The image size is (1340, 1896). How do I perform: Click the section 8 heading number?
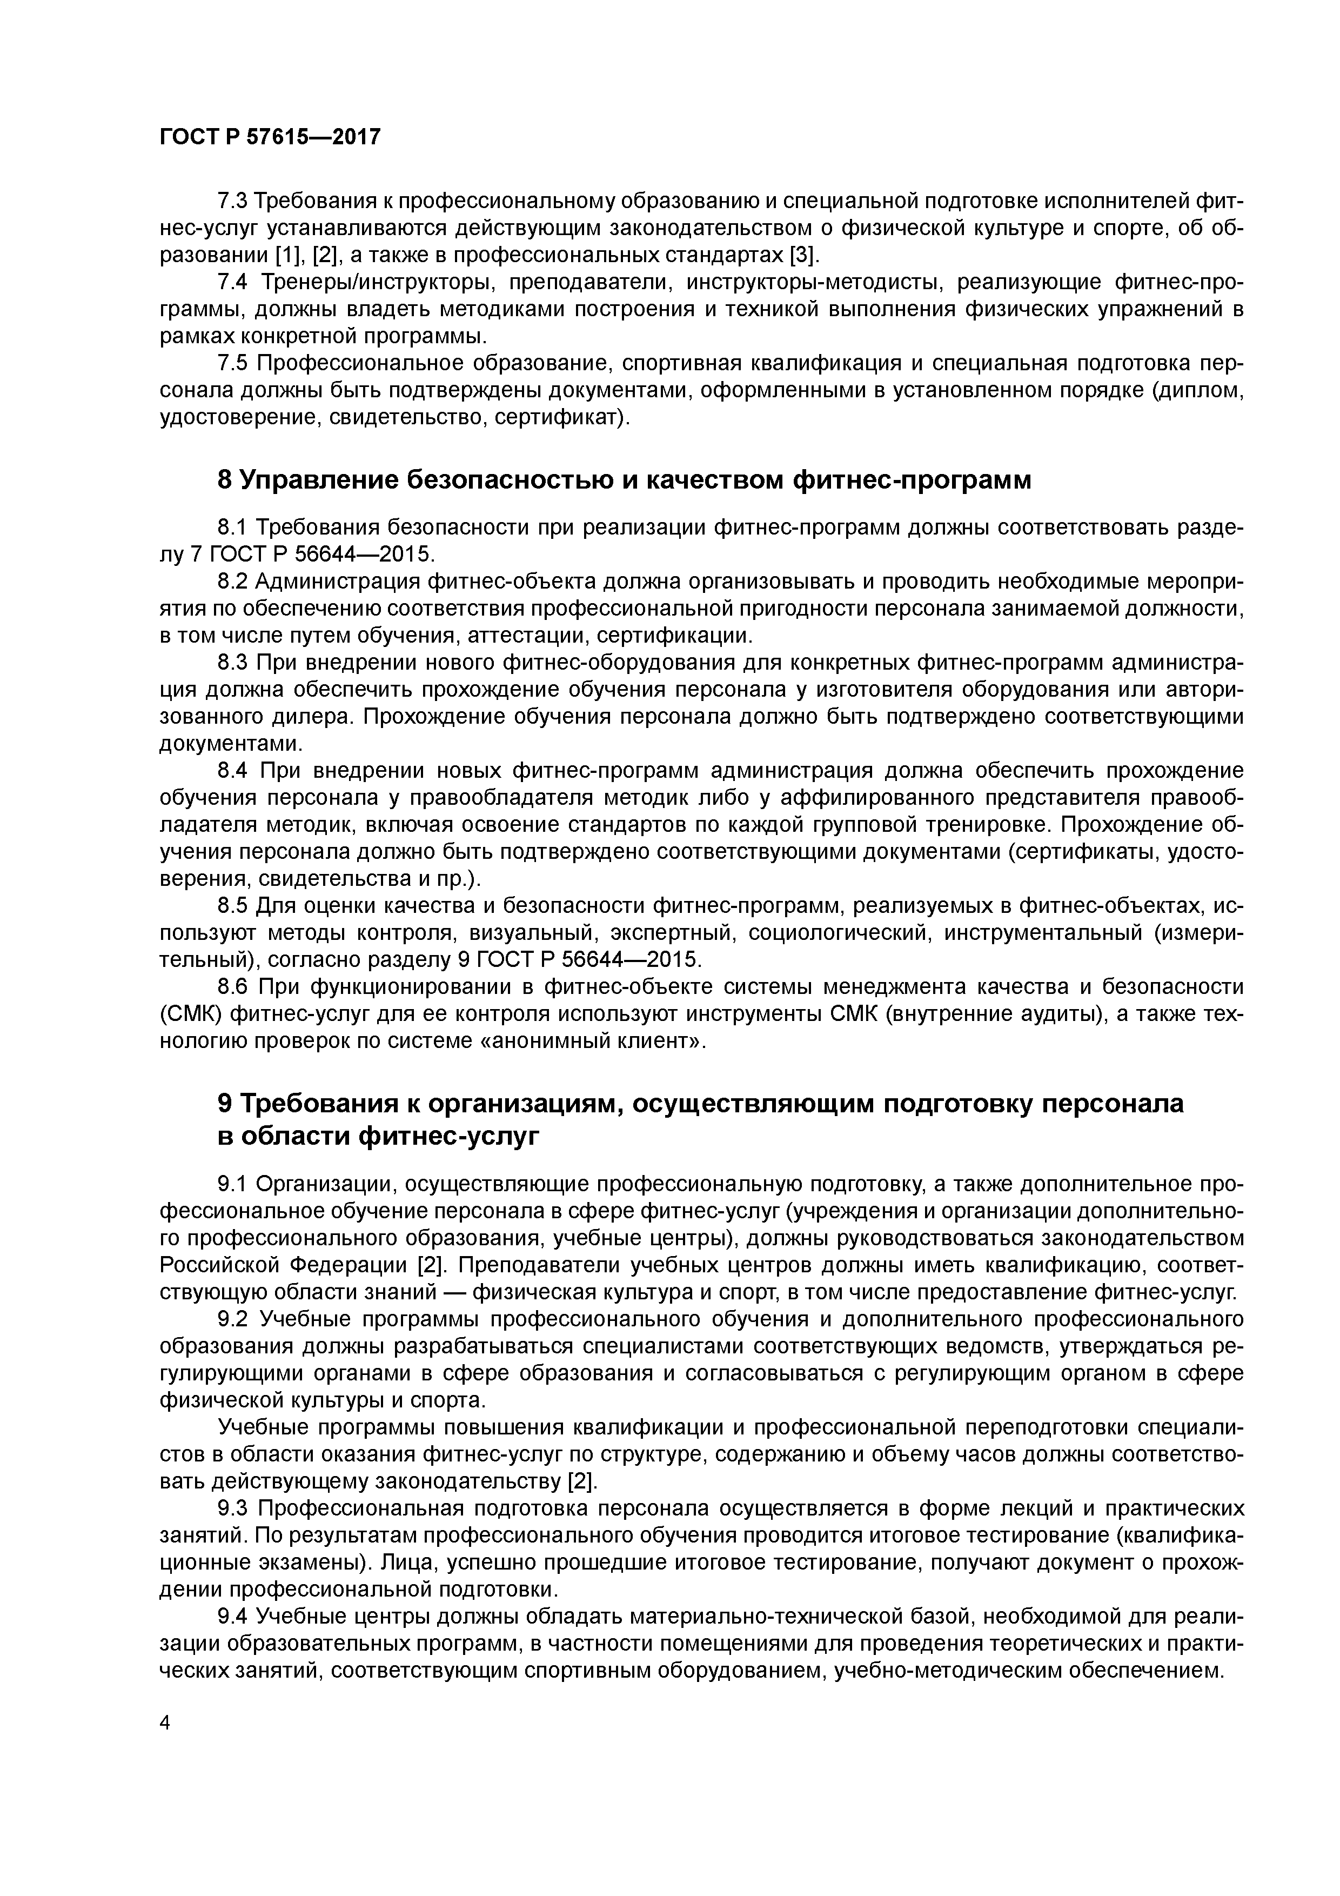coord(224,480)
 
